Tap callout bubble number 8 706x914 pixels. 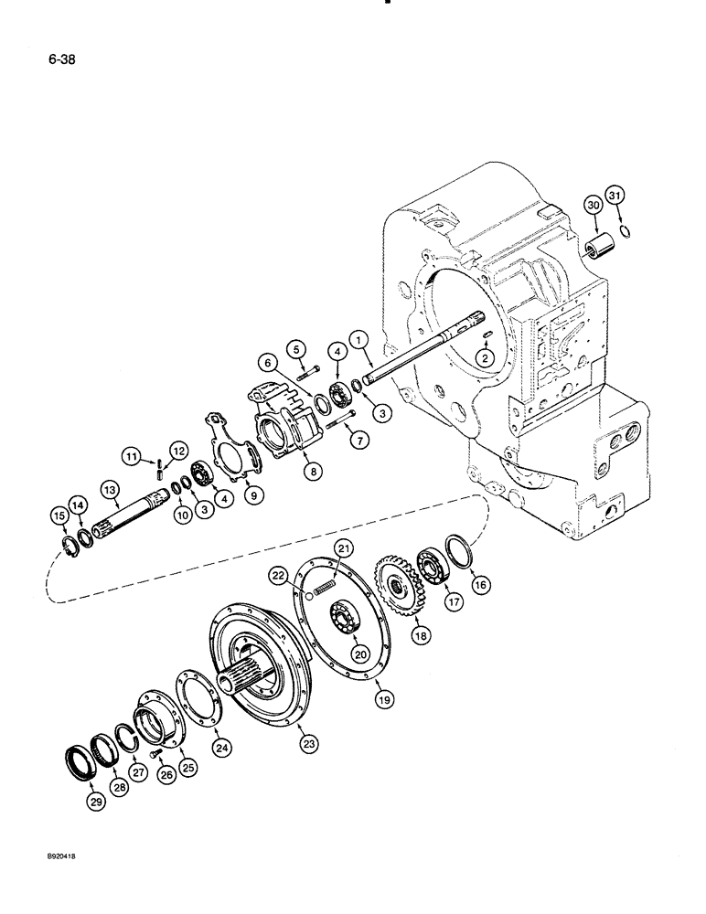(x=315, y=472)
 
